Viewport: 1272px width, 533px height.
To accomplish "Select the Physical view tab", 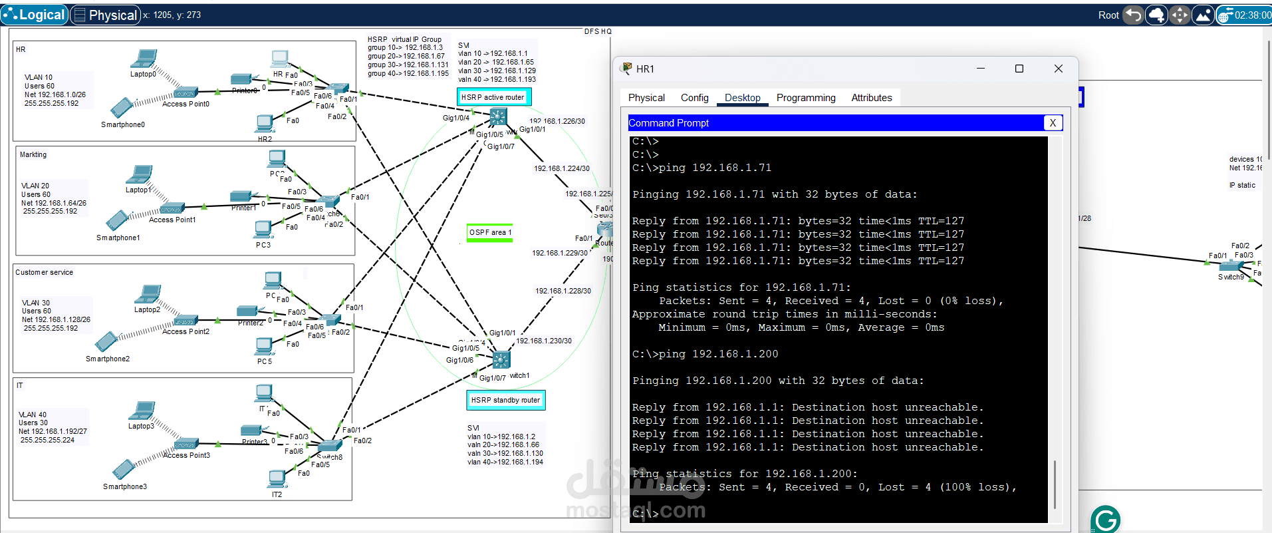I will click(106, 15).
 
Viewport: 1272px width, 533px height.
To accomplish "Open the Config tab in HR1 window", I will click(694, 98).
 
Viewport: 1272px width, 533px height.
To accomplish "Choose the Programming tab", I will click(805, 98).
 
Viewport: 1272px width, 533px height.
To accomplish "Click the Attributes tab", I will click(871, 98).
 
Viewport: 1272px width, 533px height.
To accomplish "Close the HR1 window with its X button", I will click(1058, 69).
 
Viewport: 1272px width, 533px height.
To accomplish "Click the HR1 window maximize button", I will click(1019, 69).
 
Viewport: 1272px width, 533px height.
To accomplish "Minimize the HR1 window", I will click(980, 69).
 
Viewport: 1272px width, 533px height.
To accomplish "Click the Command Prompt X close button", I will click(1052, 123).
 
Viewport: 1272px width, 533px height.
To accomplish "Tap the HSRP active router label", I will click(493, 97).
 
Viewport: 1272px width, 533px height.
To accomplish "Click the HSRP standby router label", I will click(505, 400).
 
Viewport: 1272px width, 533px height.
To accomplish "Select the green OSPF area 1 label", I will click(490, 232).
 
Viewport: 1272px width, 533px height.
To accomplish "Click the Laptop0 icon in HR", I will click(144, 59).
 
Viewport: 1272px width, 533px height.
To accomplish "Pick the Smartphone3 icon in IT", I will click(124, 470).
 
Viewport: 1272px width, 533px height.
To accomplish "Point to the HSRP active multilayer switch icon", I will click(498, 118).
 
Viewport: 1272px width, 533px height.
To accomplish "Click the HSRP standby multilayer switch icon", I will click(501, 360).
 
